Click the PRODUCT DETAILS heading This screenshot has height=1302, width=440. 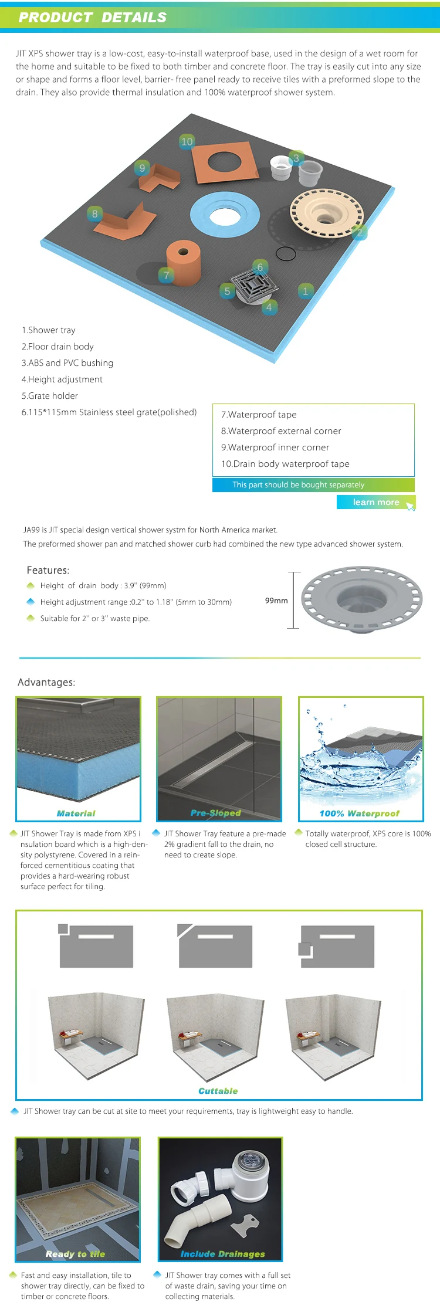tap(93, 18)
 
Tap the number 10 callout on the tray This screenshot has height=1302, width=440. tap(187, 141)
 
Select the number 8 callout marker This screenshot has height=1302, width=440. tap(95, 213)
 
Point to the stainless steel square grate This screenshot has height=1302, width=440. tap(254, 285)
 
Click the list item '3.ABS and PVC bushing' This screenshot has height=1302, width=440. tap(67, 363)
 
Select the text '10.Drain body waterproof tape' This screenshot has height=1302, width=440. tap(285, 464)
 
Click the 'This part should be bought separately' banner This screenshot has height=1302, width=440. tap(299, 485)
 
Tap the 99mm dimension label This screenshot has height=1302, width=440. tap(276, 601)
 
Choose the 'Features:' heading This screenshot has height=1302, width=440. tap(48, 570)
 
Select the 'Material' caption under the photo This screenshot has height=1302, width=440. tap(76, 813)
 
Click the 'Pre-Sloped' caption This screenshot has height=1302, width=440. tap(216, 813)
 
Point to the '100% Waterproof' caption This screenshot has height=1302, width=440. tap(359, 813)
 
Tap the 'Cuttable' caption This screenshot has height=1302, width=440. tap(218, 1091)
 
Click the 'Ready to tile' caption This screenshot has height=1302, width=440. tap(75, 1254)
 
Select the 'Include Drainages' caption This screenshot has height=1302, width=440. tap(223, 1254)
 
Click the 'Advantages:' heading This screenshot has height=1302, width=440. tap(46, 682)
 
